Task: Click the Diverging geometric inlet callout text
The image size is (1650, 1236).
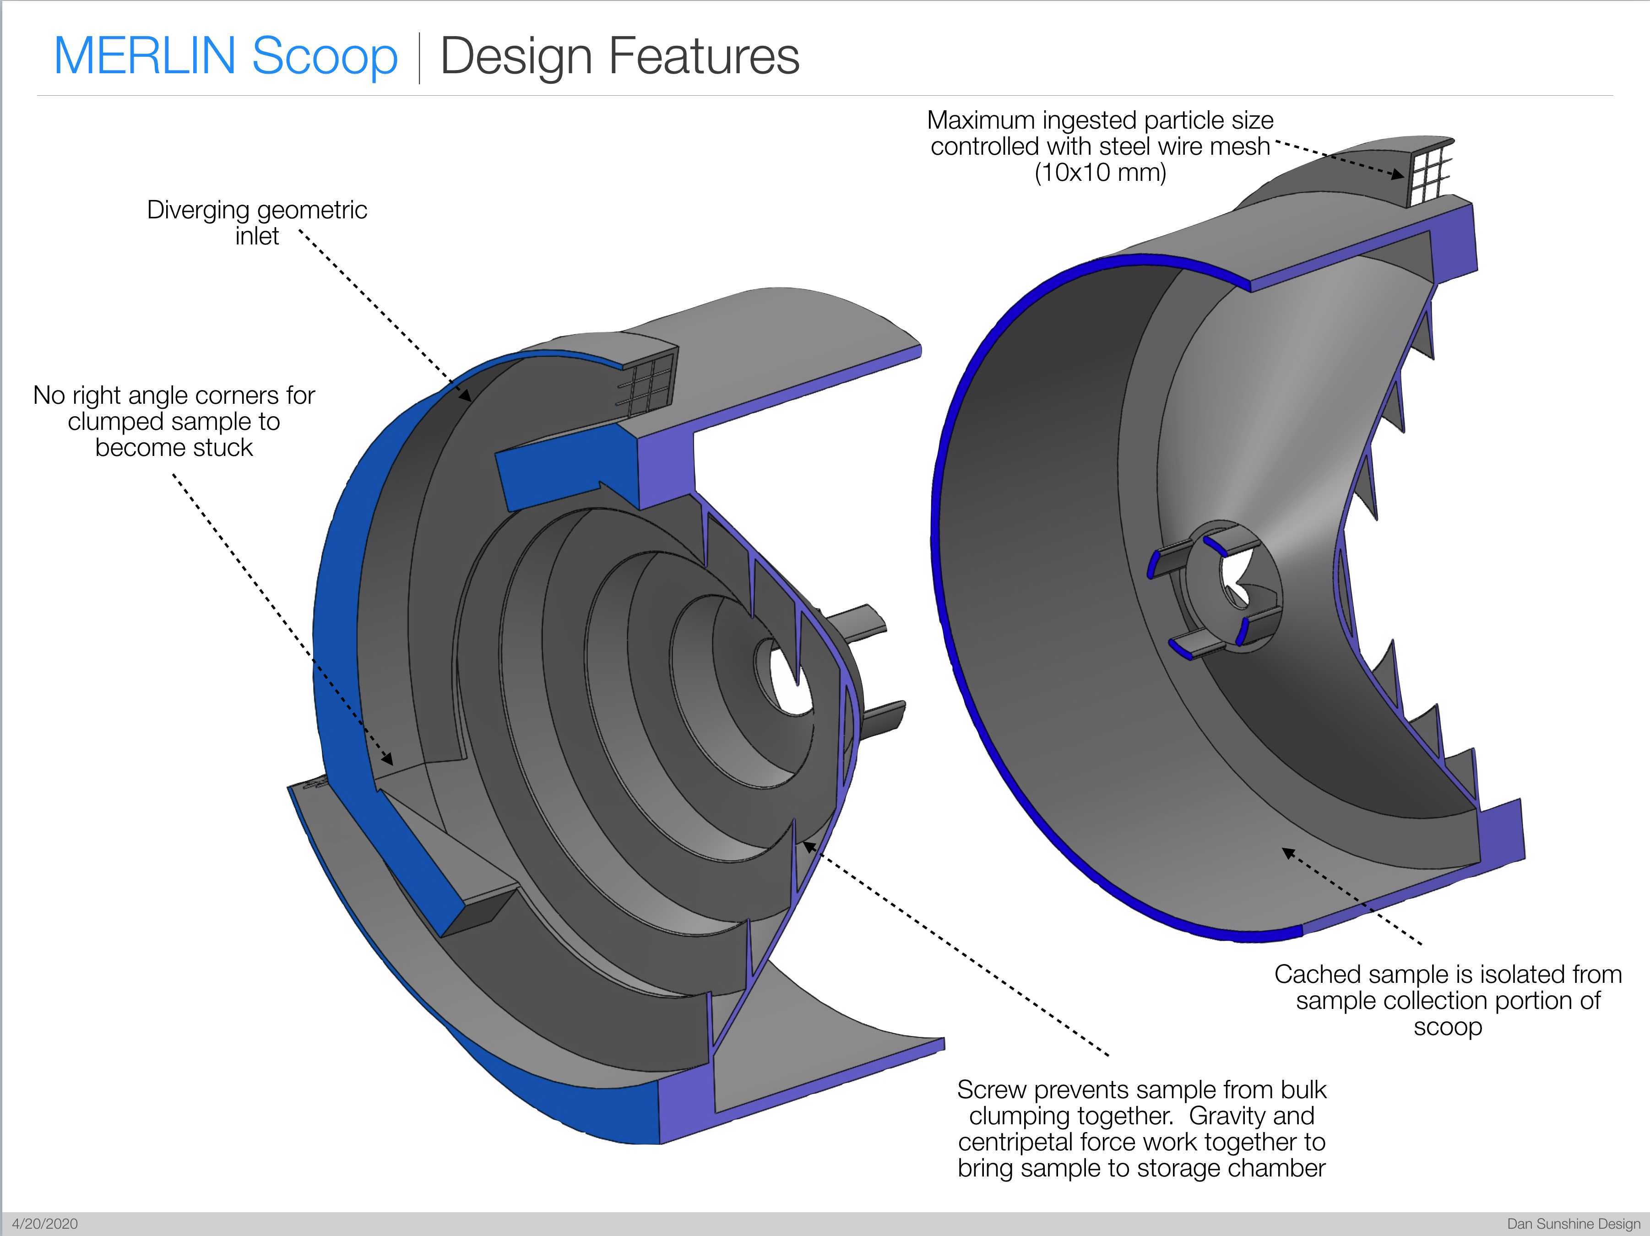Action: tap(257, 222)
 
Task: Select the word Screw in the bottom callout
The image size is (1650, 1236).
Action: tap(992, 1090)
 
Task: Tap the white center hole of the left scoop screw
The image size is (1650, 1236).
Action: tap(783, 679)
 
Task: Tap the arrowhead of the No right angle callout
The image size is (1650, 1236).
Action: tap(388, 759)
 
